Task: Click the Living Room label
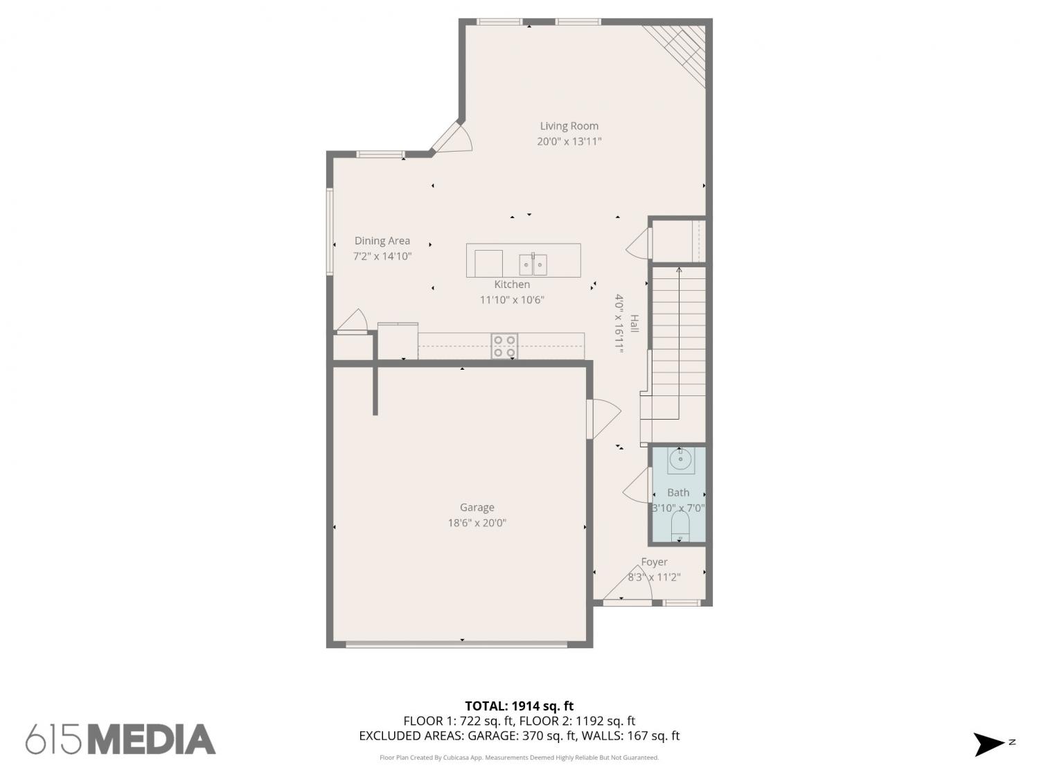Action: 569,126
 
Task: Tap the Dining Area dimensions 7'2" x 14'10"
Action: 382,256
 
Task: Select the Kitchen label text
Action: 512,285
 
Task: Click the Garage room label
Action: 477,508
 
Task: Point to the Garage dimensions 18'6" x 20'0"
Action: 477,523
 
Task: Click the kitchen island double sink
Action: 533,265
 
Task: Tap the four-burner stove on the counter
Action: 504,346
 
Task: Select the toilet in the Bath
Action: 680,526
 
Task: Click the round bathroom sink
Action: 681,460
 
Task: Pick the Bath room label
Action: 678,493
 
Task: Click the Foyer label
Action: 654,562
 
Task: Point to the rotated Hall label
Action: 634,323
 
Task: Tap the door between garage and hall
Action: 603,419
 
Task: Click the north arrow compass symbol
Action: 989,744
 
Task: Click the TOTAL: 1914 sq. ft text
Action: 519,706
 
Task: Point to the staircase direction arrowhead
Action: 679,270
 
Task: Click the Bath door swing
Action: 637,485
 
